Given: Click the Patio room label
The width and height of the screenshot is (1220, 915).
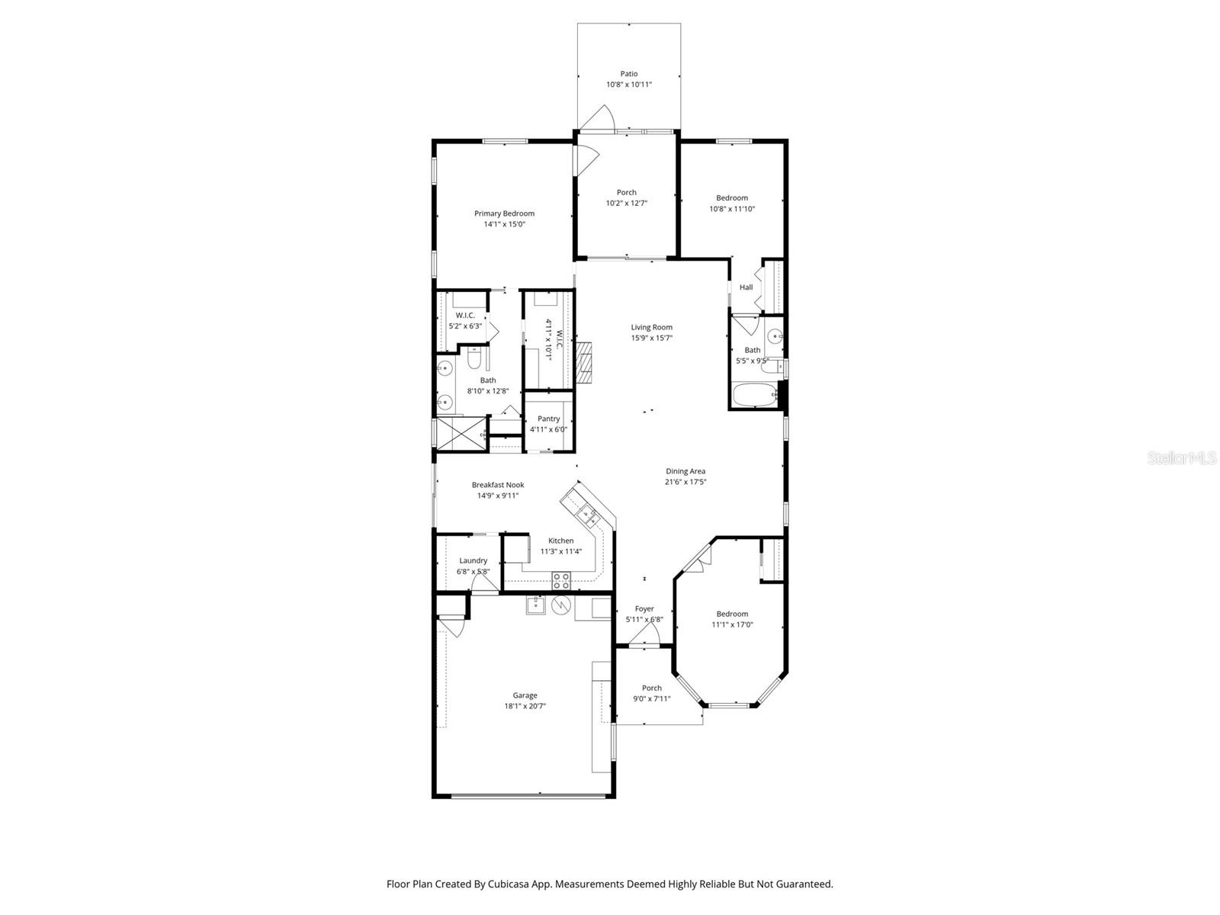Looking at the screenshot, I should point(628,74).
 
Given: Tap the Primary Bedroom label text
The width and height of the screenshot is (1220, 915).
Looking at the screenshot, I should point(504,213).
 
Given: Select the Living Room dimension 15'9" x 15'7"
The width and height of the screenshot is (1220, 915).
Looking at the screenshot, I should point(651,338).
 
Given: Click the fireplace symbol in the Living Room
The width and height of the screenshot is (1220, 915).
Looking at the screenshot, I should point(583,362).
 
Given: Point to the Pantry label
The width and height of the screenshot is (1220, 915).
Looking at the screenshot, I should point(548,419).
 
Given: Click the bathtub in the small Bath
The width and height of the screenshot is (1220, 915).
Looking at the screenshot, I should point(753,396).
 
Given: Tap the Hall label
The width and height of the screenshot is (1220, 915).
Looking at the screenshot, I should point(746,287).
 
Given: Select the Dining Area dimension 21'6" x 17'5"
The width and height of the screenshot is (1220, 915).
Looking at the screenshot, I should point(685,482).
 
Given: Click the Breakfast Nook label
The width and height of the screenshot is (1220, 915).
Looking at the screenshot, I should point(497,485).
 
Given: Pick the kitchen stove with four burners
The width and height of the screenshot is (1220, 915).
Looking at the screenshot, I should point(561,580).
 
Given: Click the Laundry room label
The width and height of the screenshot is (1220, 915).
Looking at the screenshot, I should point(473,560).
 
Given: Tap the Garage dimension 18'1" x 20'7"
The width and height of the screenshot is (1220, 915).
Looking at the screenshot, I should point(525,706).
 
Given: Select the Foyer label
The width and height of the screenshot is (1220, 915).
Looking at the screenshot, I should point(644,608).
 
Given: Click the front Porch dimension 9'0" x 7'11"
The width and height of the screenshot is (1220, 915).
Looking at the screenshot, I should point(651,698).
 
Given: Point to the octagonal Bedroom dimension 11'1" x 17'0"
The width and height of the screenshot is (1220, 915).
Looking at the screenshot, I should point(732,624).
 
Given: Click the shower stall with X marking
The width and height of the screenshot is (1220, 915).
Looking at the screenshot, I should point(461,435).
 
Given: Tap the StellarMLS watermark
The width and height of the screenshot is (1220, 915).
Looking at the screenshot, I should point(1182,458).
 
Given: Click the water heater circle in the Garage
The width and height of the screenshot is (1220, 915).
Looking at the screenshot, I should point(560,606).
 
